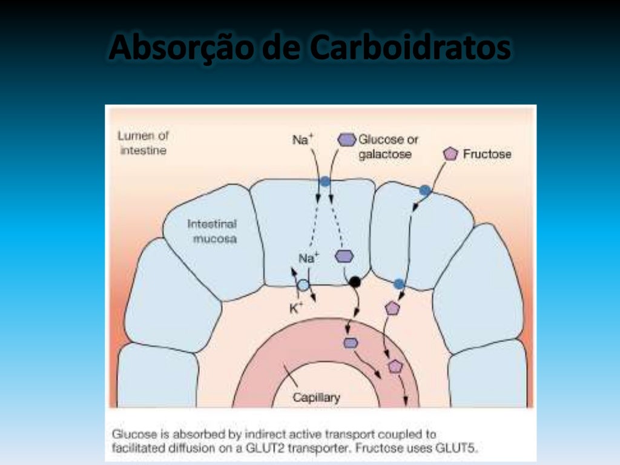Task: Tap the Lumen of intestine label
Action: [142, 143]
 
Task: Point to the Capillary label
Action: [316, 398]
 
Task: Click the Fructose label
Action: [487, 154]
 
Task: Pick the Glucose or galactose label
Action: [387, 147]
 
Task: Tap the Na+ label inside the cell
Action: [309, 259]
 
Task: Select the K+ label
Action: [295, 307]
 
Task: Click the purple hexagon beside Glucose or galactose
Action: [346, 140]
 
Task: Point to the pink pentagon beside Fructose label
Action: [450, 154]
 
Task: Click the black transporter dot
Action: [355, 281]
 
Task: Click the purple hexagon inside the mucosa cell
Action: [344, 256]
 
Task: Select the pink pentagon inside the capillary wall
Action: [395, 366]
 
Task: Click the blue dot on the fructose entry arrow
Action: [425, 191]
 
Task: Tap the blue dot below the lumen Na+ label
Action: [325, 181]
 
